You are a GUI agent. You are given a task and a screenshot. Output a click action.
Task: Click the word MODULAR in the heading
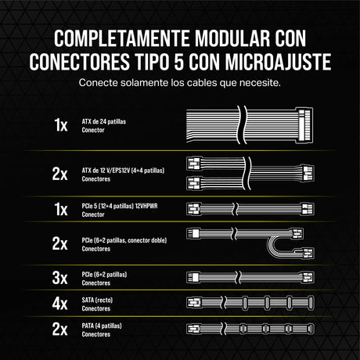232,38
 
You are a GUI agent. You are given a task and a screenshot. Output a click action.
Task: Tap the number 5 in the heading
178,62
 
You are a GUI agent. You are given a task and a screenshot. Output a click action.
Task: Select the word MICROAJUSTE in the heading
278,62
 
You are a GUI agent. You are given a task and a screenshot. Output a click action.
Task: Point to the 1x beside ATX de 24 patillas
61,124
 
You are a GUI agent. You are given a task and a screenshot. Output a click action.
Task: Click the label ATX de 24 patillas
104,121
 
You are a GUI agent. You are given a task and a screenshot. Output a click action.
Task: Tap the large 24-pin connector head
304,125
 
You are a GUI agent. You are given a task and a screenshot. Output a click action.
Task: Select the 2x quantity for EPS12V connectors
59,174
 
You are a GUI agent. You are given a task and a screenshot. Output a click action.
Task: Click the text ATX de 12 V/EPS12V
106,171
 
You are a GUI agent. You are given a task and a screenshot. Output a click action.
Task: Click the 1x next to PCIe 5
61,209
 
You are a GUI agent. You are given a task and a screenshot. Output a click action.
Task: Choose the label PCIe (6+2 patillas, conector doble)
124,240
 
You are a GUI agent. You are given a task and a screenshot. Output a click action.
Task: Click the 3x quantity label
59,278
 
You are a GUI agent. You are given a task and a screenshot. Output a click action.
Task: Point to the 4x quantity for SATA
59,303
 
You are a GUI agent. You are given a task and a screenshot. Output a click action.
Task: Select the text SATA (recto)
97,300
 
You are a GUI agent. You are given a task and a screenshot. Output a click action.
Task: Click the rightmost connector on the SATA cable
311,303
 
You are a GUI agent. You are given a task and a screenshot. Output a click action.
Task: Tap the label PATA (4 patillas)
102,326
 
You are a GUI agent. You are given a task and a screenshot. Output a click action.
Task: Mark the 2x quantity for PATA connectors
59,329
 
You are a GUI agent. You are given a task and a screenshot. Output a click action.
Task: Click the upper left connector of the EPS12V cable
194,164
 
